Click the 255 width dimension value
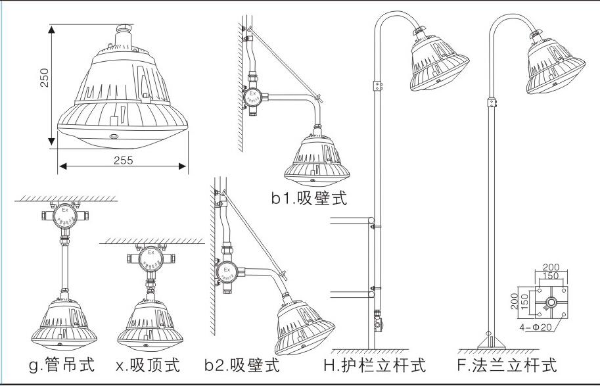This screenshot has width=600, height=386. point(122,160)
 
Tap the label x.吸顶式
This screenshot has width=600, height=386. point(147,364)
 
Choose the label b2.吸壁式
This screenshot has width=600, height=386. point(241,364)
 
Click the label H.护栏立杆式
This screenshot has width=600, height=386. point(375,364)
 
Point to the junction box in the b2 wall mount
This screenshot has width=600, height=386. point(227,272)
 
